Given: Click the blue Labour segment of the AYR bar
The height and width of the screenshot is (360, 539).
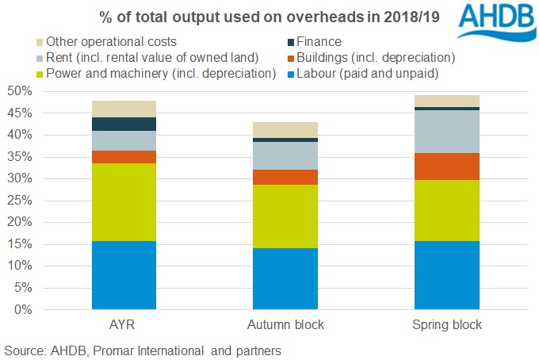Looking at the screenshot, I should (124, 274).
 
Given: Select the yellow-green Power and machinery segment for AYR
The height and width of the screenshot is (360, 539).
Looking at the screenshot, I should (124, 202).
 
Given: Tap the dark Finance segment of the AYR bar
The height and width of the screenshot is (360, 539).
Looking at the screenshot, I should (124, 124).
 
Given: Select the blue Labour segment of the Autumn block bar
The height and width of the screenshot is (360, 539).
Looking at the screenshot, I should (285, 278).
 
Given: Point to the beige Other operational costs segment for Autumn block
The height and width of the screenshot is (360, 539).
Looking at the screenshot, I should (285, 130).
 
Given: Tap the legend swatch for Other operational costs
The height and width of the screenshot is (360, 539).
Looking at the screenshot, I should (40, 42).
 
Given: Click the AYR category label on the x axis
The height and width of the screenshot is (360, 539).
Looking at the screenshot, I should (124, 326).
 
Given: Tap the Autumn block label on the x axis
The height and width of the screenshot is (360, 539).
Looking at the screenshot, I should (285, 326).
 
